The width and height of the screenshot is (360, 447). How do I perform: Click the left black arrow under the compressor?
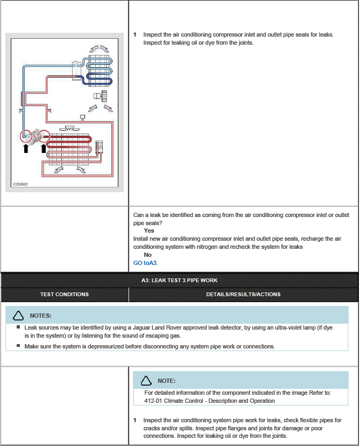[x=26, y=148]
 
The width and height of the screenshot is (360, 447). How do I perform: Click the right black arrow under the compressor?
[x=44, y=148]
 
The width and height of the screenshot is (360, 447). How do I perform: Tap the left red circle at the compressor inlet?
[x=26, y=136]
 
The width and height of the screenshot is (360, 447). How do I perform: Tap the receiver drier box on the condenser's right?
[x=99, y=147]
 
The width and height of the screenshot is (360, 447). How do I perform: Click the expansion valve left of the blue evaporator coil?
[x=76, y=67]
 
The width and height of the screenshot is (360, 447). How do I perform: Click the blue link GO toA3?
[x=145, y=263]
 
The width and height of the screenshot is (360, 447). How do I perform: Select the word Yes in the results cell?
[x=149, y=231]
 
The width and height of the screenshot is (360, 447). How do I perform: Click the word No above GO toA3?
[x=147, y=255]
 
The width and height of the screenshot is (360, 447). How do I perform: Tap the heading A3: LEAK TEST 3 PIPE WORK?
[x=179, y=280]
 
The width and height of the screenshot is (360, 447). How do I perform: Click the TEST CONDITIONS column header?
[x=65, y=294]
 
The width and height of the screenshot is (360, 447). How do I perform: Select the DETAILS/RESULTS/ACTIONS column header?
[x=243, y=294]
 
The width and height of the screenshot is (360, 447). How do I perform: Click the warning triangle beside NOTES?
[x=18, y=315]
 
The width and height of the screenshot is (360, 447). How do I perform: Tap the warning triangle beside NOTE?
[x=146, y=381]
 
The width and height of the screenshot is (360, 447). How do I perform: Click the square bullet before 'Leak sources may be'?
[x=18, y=327]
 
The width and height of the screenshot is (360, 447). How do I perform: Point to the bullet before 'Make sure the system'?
[x=18, y=346]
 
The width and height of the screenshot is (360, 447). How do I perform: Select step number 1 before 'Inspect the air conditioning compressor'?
[x=135, y=34]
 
